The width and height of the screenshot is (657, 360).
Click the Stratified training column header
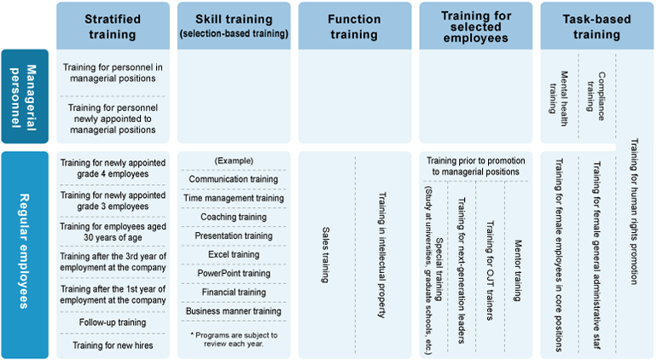pyautogui.click(x=113, y=26)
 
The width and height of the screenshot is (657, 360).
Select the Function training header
pyautogui.click(x=354, y=26)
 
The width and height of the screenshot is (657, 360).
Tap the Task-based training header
pyautogui.click(x=596, y=26)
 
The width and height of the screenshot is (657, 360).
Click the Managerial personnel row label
pyautogui.click(x=24, y=96)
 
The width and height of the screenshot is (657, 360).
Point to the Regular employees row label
pyautogui.click(x=24, y=251)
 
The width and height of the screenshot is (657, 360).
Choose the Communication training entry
pyautogui.click(x=234, y=179)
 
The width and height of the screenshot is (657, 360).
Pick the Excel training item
pyautogui.click(x=234, y=255)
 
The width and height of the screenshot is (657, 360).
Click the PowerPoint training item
pyautogui.click(x=234, y=274)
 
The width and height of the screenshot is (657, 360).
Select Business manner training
pyautogui.click(x=234, y=311)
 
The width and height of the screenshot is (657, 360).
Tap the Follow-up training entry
pyautogui.click(x=113, y=322)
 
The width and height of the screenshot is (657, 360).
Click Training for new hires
pyautogui.click(x=113, y=345)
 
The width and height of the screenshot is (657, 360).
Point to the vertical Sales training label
pyautogui.click(x=326, y=255)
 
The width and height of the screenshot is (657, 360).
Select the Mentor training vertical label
pyautogui.click(x=518, y=270)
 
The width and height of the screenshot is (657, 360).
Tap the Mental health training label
pyautogui.click(x=559, y=98)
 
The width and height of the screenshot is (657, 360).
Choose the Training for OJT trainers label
pyautogui.click(x=490, y=270)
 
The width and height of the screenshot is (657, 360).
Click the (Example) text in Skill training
pyautogui.click(x=234, y=161)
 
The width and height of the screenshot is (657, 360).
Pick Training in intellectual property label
pyautogui.click(x=381, y=255)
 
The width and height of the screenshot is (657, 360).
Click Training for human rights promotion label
pyautogui.click(x=634, y=212)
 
